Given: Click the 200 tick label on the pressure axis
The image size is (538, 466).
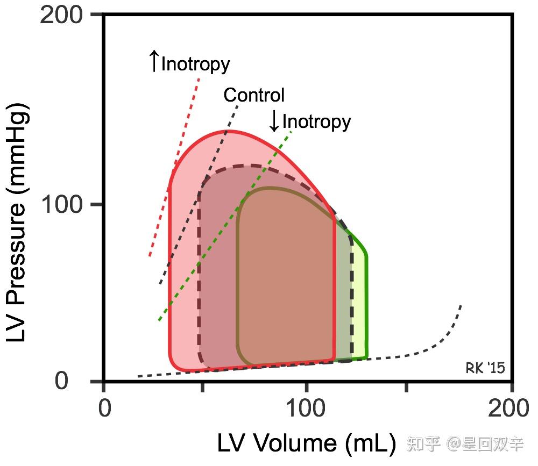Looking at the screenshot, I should (x=61, y=14).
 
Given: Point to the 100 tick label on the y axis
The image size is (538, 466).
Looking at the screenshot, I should (x=61, y=205).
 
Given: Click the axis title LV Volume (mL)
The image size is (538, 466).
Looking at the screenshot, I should (x=307, y=443).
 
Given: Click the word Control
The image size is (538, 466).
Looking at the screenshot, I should (x=254, y=95).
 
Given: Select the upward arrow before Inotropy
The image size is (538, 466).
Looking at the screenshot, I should (x=154, y=61).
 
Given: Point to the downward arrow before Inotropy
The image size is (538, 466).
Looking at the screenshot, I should (x=274, y=121).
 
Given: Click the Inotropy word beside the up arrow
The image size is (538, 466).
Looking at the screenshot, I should (x=196, y=64).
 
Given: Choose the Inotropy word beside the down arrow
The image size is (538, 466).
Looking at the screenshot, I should (x=316, y=122).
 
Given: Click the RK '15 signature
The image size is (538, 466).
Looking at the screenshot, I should (x=485, y=368).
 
